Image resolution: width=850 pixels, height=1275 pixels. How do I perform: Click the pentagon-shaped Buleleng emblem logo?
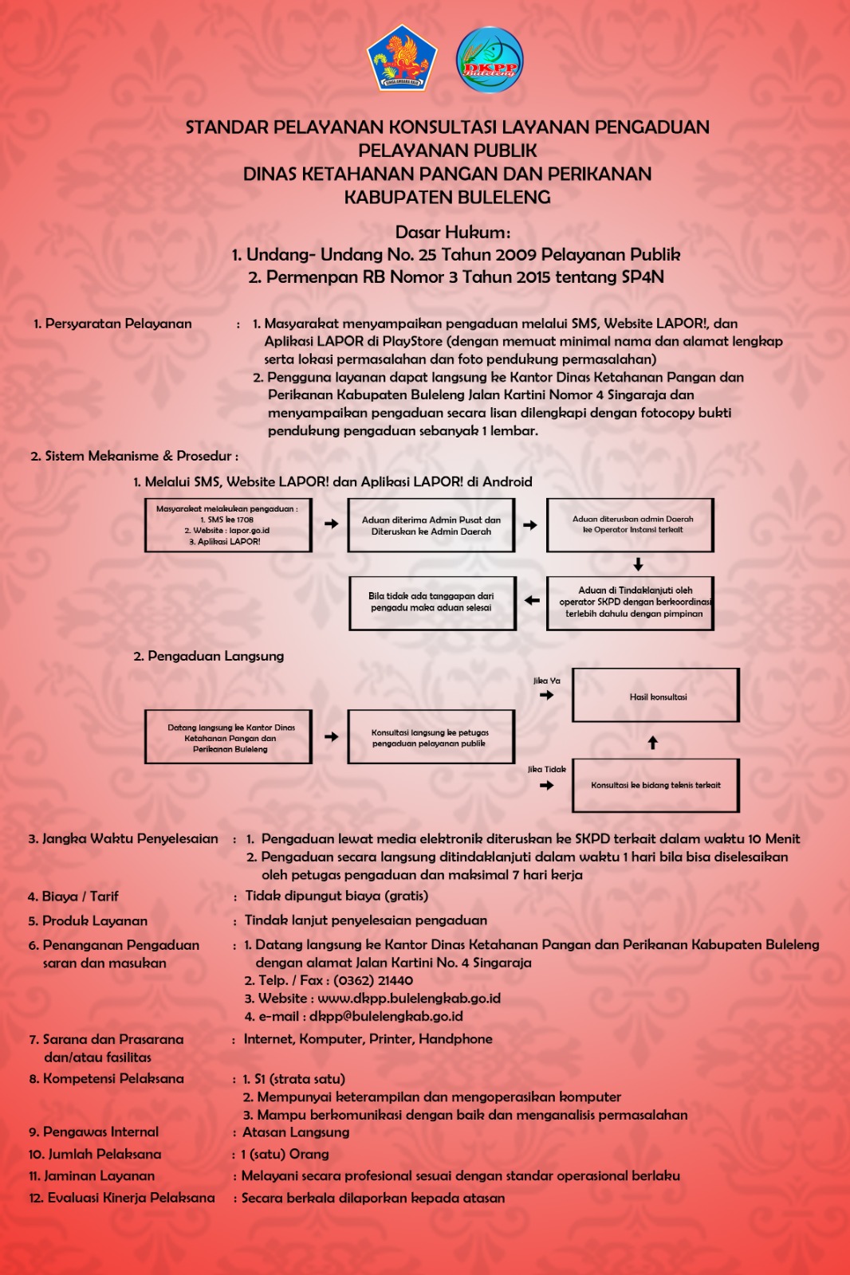[x=402, y=57]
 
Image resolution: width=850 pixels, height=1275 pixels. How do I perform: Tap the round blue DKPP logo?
[x=490, y=60]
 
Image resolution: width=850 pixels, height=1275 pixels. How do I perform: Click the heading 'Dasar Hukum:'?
[x=452, y=233]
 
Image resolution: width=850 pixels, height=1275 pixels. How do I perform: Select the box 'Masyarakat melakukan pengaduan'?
[x=228, y=525]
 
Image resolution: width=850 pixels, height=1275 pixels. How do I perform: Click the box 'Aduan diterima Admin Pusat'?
[x=431, y=525]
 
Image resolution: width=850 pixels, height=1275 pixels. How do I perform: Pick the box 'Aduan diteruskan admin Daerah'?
[x=630, y=525]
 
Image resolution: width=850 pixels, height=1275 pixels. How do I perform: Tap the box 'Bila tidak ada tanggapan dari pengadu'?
[x=432, y=602]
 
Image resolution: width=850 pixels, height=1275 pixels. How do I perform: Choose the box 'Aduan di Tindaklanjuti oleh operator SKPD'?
[x=630, y=602]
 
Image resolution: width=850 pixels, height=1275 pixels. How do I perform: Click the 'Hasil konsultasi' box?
[x=656, y=696]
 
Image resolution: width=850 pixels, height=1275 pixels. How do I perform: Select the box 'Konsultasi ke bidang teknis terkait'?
[x=655, y=786]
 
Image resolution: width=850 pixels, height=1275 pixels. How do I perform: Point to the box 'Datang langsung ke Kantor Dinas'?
[x=228, y=737]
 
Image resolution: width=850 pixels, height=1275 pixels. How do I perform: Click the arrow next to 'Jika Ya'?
[x=546, y=695]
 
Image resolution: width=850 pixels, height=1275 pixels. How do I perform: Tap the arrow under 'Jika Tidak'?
[x=546, y=785]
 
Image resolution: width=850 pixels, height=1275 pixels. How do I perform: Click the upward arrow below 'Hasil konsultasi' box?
[x=653, y=743]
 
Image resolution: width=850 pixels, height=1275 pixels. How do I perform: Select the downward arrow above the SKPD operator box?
[x=638, y=564]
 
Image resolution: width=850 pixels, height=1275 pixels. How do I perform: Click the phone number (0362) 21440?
[x=373, y=981]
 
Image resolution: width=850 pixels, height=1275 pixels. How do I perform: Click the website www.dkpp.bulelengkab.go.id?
[x=409, y=998]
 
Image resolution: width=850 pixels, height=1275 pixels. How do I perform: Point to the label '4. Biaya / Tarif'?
[x=73, y=896]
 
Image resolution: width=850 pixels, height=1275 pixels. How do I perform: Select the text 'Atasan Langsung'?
[x=296, y=1132]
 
